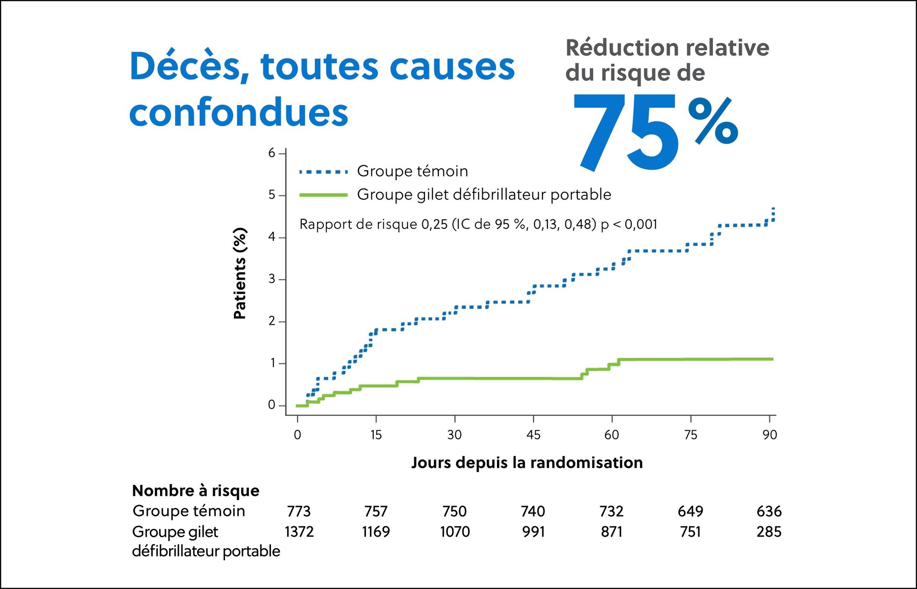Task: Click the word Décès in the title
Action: point(189,67)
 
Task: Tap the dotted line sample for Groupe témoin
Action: point(323,172)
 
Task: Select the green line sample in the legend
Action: point(323,195)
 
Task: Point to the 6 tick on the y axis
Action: point(272,153)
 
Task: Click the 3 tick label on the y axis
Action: point(272,279)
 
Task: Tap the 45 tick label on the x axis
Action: point(533,435)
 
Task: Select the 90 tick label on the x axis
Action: point(769,435)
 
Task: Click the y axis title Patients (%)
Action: point(240,273)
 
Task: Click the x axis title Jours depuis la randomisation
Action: point(527,462)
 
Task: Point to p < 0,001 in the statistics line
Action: point(629,224)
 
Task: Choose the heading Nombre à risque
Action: point(196,491)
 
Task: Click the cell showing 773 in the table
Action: point(298,511)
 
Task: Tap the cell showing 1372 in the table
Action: point(299,532)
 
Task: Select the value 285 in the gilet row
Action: point(769,532)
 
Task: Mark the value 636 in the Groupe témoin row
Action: point(769,511)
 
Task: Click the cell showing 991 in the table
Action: point(533,532)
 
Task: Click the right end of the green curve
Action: point(772,359)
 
